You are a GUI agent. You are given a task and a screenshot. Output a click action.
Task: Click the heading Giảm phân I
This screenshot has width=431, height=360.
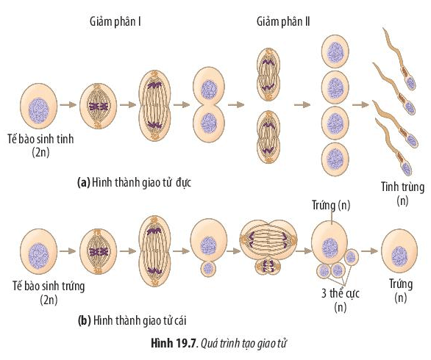point(110,22)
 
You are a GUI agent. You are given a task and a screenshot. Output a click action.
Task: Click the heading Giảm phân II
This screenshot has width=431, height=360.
point(283,22)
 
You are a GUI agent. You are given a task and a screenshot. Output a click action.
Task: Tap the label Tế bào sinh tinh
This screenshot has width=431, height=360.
point(39,138)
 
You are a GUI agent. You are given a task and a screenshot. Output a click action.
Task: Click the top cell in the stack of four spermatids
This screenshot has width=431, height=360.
point(335,52)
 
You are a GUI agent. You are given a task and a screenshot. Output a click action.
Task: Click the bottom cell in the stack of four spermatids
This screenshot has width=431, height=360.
point(335,156)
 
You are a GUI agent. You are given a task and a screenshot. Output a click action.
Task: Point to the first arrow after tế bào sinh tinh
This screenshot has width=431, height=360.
point(69,104)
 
